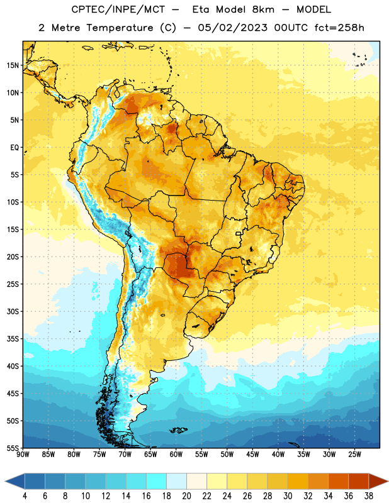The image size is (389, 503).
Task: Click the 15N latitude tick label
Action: [13, 65]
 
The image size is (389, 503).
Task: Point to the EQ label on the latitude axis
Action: [14, 148]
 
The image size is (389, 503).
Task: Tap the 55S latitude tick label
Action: [13, 448]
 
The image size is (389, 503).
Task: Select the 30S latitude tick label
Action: [13, 311]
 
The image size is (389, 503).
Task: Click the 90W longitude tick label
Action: [23, 455]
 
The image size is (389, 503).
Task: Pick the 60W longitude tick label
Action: [176, 455]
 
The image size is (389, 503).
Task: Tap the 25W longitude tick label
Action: [354, 455]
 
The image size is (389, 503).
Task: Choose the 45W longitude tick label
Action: [252, 455]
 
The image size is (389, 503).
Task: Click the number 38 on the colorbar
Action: [369, 496]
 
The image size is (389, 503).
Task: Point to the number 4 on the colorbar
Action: [25, 496]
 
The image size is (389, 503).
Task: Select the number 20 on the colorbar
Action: [186, 496]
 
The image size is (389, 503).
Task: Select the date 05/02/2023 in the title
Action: [232, 28]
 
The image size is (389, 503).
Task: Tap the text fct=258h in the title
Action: [339, 28]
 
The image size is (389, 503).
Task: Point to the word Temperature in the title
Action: [120, 28]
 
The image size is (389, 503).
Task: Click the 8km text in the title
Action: [263, 9]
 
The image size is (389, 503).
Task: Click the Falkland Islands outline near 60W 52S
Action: [178, 430]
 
